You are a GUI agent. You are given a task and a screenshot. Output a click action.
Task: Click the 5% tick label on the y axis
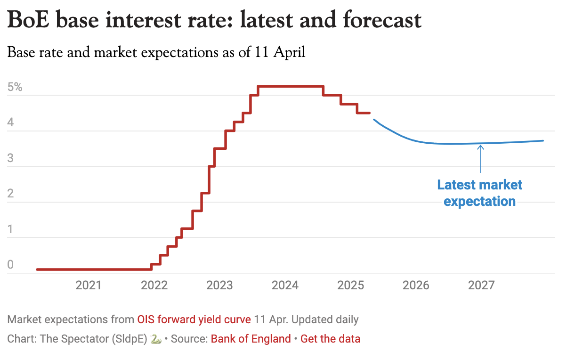pyautogui.click(x=15, y=87)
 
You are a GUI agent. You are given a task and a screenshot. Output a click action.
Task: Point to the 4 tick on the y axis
pyautogui.click(x=10, y=123)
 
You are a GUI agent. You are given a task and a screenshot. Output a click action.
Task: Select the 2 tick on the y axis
pyautogui.click(x=10, y=194)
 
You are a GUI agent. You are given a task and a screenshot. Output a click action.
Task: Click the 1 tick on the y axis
pyautogui.click(x=10, y=229)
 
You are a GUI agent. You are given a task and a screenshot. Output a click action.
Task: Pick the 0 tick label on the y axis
pyautogui.click(x=10, y=265)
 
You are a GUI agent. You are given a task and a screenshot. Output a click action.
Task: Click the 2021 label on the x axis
pyautogui.click(x=89, y=285)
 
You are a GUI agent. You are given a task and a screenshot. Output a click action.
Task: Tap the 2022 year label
pyautogui.click(x=154, y=285)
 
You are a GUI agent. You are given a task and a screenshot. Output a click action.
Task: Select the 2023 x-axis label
pyautogui.click(x=219, y=285)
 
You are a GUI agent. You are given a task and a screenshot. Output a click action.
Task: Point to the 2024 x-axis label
pyautogui.click(x=285, y=285)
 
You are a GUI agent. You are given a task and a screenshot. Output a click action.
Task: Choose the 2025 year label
pyautogui.click(x=351, y=285)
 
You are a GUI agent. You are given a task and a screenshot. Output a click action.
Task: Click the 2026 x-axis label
pyautogui.click(x=416, y=285)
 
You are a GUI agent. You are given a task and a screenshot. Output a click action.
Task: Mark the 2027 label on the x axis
pyautogui.click(x=482, y=285)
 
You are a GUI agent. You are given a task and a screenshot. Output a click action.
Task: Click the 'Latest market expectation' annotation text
pyautogui.click(x=480, y=193)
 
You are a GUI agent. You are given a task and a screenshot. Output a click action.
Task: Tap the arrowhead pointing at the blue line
pyautogui.click(x=480, y=147)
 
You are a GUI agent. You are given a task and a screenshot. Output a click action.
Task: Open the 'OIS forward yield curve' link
pyautogui.click(x=194, y=319)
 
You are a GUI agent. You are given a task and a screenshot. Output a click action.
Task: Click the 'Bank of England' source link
pyautogui.click(x=251, y=338)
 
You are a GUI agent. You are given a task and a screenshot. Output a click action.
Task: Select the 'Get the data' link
pyautogui.click(x=330, y=338)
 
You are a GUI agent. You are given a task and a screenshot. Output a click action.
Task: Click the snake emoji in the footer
pyautogui.click(x=156, y=339)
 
